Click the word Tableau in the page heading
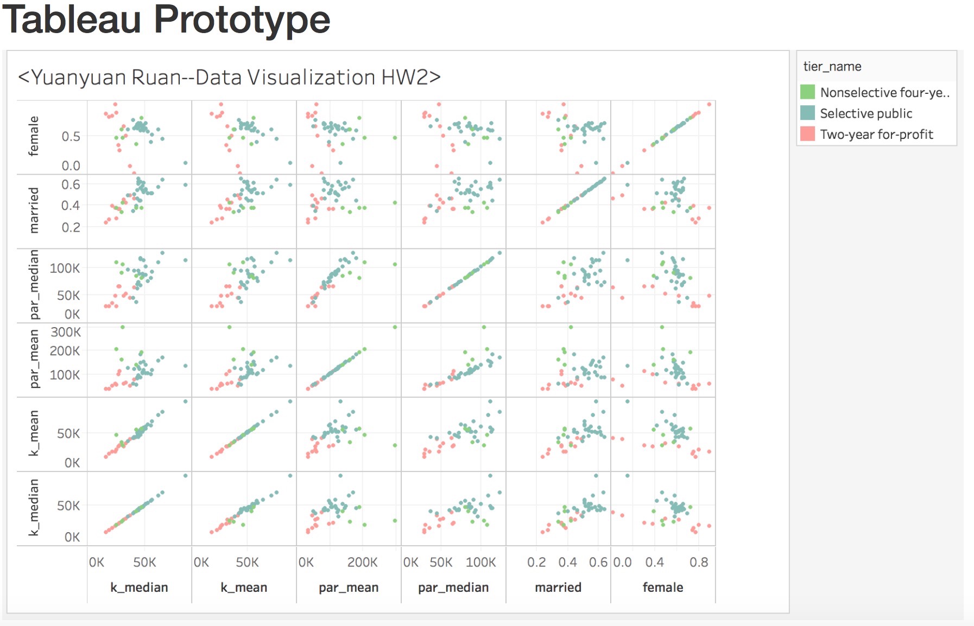point(72,20)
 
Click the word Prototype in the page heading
point(242,21)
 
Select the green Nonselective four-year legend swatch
point(807,92)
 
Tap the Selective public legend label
point(866,113)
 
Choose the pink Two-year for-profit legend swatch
point(807,134)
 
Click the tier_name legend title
point(832,66)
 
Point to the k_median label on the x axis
point(139,587)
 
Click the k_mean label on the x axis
point(244,587)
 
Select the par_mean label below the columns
point(349,587)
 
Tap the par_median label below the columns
point(453,587)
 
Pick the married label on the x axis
point(558,587)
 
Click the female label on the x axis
point(663,587)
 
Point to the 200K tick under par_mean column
point(362,563)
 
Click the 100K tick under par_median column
point(480,563)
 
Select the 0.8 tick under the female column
point(699,563)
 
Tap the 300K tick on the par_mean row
point(66,332)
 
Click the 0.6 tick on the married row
point(71,184)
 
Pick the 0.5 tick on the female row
point(71,137)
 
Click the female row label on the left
point(34,136)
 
